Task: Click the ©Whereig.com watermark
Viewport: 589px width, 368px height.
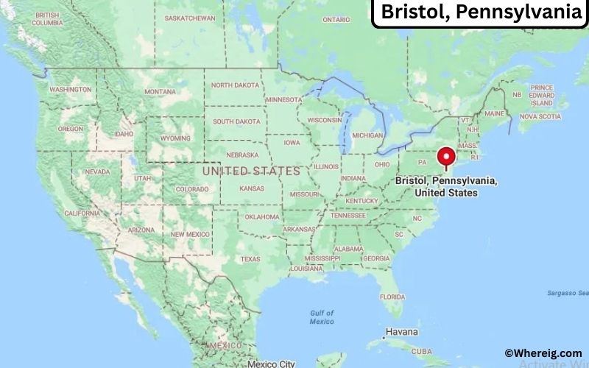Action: [x=543, y=353]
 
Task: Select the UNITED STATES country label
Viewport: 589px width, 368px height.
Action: [x=251, y=171]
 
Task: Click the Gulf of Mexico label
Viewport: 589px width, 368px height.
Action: [x=322, y=317]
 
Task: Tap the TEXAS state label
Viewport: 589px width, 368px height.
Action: [x=250, y=259]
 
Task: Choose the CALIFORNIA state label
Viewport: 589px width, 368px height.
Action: [x=82, y=213]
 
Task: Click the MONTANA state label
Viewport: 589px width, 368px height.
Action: [x=160, y=91]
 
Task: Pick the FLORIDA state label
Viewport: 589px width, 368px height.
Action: [x=392, y=297]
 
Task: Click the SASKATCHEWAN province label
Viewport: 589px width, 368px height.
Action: [x=190, y=18]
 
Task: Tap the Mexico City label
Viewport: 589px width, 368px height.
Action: [x=271, y=364]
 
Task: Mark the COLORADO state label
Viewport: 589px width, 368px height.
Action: [x=192, y=189]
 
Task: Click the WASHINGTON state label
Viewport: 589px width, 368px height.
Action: [x=71, y=89]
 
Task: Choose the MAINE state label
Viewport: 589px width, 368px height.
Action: [x=494, y=113]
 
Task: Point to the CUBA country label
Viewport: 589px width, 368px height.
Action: [x=422, y=352]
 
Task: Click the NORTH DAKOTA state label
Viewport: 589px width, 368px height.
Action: [x=236, y=85]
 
